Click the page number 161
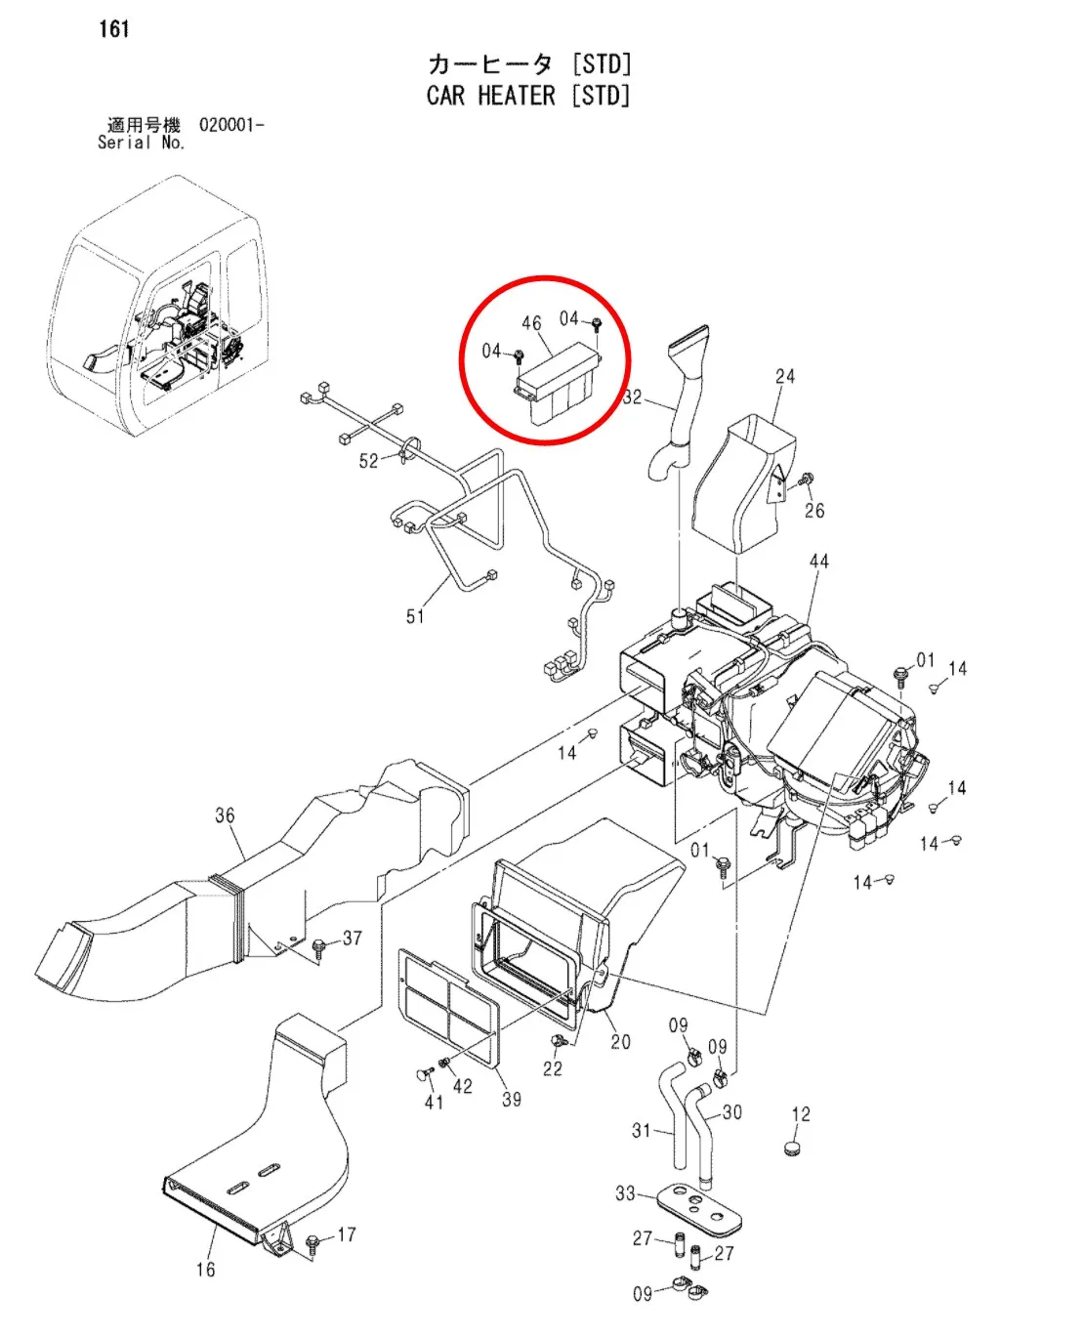[x=114, y=29]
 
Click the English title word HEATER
[x=516, y=96]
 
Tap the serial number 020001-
[x=231, y=125]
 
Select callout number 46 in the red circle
[x=531, y=323]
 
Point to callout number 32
[x=633, y=397]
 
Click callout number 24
[x=785, y=376]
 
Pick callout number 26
[x=814, y=510]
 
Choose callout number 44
[x=818, y=562]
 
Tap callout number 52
[x=368, y=461]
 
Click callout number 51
[x=415, y=616]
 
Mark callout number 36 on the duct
[x=225, y=815]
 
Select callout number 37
[x=353, y=938]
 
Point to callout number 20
[x=620, y=1042]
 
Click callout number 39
[x=512, y=1099]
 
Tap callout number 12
[x=801, y=1114]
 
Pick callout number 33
[x=625, y=1192]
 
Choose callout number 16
[x=205, y=1270]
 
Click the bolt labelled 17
[x=313, y=1243]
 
